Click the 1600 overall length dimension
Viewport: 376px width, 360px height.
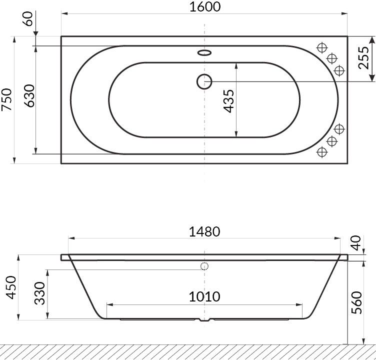click(x=205, y=6)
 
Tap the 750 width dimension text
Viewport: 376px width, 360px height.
click(x=6, y=100)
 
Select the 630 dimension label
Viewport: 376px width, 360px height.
click(x=30, y=95)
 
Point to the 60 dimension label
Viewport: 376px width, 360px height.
click(x=28, y=18)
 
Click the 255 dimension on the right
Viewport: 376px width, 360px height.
click(x=363, y=58)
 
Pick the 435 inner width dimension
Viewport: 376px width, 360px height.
click(x=228, y=101)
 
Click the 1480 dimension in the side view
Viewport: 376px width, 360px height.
click(x=204, y=231)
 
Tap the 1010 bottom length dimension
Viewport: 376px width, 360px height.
click(x=204, y=296)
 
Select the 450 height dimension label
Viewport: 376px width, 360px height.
click(x=11, y=287)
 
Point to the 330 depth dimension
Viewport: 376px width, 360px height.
click(x=39, y=293)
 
